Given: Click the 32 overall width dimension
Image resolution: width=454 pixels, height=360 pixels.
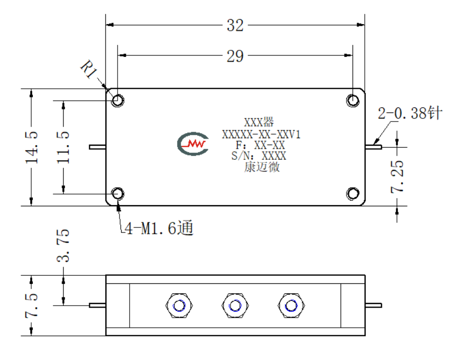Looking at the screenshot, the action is tap(235, 26).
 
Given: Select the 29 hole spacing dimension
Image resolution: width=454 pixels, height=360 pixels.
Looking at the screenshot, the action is tap(235, 56).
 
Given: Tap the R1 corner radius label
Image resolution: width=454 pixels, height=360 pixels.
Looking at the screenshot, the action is tap(89, 69).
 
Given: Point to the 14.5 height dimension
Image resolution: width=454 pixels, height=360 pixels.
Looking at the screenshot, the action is tap(31, 147).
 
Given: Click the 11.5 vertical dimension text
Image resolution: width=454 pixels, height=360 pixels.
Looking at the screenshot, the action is tap(63, 147).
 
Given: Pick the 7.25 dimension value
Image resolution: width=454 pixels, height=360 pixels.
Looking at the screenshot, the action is tap(397, 176).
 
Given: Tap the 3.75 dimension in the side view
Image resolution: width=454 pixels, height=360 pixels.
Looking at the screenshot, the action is tap(63, 246).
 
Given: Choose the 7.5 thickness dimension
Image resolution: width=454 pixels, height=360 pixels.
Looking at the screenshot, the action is tap(31, 306).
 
